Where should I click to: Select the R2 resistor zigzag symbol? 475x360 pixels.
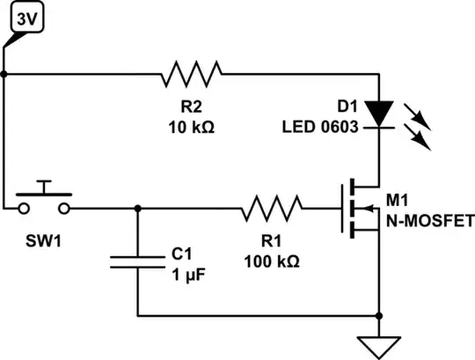[192, 75]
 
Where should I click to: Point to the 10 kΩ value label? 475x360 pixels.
[192, 127]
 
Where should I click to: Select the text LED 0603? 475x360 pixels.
[320, 127]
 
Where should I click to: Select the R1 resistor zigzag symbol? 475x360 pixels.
[272, 209]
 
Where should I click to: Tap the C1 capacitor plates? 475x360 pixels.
[138, 261]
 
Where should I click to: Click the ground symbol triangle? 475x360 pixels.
[379, 345]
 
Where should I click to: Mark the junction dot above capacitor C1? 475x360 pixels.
[138, 209]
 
